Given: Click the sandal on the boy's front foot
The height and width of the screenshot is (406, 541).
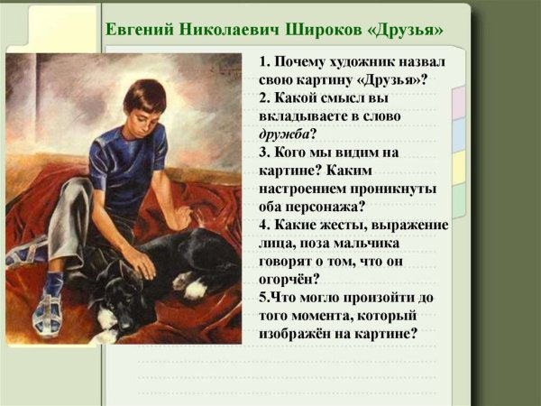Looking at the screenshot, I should (48, 311).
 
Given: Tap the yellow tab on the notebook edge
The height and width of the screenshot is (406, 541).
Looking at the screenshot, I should (459, 166).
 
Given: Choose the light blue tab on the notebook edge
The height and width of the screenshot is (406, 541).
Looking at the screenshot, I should (459, 134).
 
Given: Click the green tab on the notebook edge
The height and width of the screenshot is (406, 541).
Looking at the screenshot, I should (459, 199).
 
